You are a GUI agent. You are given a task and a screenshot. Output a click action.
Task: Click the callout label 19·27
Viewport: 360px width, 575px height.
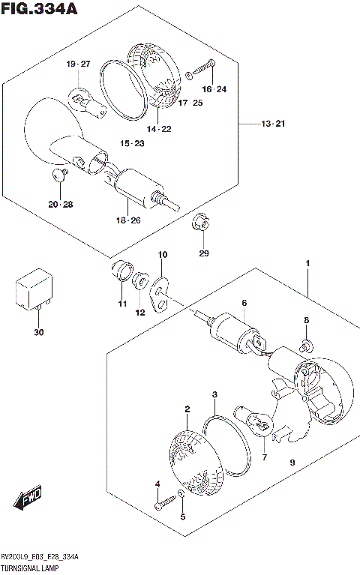(76, 64)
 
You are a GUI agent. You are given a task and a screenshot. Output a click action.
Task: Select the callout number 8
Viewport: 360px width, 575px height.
(306, 320)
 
